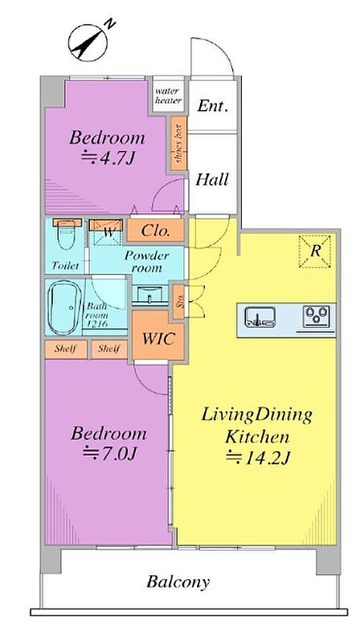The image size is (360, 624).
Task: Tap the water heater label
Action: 168,96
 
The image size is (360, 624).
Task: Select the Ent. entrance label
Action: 213,106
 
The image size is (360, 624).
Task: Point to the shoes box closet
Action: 179,143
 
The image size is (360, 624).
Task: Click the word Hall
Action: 212,179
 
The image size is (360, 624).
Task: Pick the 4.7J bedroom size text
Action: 108,158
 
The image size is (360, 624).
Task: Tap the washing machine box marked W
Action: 105,232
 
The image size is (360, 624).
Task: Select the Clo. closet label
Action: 155,230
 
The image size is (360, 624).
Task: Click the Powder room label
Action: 147,262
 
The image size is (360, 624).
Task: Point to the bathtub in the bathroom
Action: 64,308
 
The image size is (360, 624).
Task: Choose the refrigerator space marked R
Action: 315,251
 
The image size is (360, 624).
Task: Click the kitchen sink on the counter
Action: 260,316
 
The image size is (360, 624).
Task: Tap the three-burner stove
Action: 316,316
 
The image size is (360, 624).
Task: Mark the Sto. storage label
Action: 180,302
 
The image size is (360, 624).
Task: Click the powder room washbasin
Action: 150,296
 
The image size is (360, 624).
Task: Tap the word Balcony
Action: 178,582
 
